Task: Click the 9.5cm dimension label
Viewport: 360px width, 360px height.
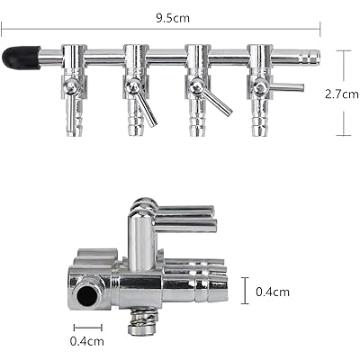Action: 173,18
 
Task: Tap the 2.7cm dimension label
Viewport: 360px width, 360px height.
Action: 342,94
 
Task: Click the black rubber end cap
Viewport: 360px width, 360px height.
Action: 21,58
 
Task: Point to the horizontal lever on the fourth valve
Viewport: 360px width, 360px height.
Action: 286,87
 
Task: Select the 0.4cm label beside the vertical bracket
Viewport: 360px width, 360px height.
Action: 273,292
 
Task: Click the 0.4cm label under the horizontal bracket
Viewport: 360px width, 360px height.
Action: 87,341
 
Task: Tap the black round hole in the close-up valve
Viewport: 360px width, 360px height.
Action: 87,295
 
